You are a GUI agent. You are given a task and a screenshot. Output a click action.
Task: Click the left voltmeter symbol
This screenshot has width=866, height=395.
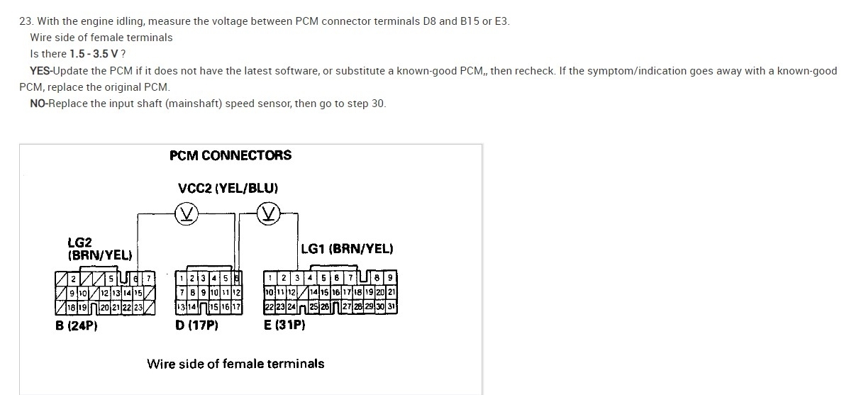click(188, 212)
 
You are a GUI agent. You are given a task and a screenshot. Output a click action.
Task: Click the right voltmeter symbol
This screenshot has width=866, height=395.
click(269, 212)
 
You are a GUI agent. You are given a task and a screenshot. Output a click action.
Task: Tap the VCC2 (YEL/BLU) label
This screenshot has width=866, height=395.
click(228, 188)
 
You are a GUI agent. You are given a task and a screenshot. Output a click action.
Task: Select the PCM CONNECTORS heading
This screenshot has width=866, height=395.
click(231, 155)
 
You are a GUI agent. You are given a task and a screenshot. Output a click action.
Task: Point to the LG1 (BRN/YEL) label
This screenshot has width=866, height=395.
click(347, 248)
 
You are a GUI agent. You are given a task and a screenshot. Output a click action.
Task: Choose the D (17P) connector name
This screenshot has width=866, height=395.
click(196, 326)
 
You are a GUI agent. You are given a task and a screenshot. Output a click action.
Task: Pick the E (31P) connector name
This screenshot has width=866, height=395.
click(284, 326)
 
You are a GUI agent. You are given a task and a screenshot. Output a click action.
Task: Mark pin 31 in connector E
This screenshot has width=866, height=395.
click(392, 306)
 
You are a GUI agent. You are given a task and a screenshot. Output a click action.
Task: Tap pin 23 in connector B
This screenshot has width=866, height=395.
click(138, 307)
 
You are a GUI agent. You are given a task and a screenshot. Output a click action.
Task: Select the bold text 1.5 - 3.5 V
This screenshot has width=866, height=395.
click(94, 54)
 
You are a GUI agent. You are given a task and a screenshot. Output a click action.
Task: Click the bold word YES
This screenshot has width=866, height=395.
click(41, 71)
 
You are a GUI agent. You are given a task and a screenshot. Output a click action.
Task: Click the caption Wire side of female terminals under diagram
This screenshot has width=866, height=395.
click(235, 364)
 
